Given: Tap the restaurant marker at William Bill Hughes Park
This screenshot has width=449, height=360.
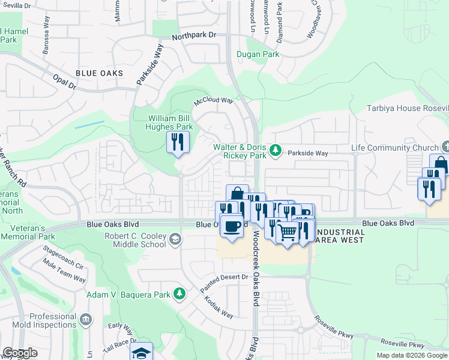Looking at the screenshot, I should coord(178,142).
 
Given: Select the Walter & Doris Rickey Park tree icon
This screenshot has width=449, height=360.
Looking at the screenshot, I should coord(276,149).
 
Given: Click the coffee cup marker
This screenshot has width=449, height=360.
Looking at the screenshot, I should coord(231,227).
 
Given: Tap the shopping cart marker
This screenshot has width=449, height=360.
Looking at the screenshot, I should coord(288,232).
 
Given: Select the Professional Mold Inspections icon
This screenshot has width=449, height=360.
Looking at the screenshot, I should coord(86,318).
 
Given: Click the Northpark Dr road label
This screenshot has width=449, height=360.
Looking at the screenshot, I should coord(193,36).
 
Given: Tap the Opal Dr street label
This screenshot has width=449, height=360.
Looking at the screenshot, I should coord(65,82).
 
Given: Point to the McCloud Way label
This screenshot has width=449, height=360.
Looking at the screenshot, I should coord(213,101).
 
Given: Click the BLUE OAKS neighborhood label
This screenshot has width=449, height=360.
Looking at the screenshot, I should coord(99,73).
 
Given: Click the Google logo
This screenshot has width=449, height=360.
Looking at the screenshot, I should coord(20,353).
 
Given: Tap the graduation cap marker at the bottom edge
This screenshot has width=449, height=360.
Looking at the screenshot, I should coord(141,352).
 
